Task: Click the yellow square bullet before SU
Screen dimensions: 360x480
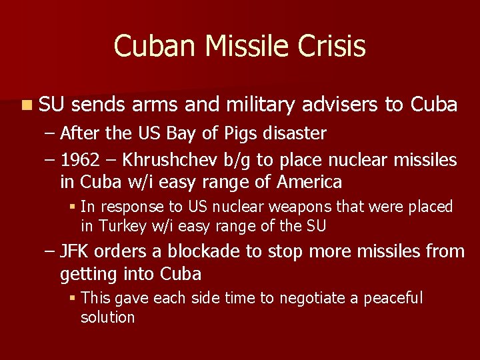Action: point(25,105)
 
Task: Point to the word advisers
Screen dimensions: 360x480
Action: point(341,105)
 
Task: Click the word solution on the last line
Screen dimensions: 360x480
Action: point(107,317)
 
